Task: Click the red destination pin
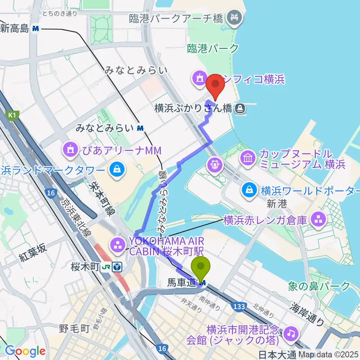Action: click(x=216, y=84)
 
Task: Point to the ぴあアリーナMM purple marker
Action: click(x=70, y=151)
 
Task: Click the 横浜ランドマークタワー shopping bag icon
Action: click(x=117, y=170)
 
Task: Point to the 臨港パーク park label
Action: click(x=213, y=48)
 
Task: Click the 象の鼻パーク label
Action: click(x=319, y=286)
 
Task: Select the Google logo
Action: click(x=25, y=351)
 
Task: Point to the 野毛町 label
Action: click(x=74, y=329)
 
